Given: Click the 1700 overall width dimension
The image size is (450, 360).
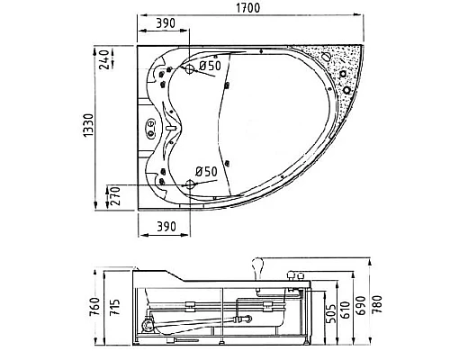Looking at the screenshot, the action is (248, 8).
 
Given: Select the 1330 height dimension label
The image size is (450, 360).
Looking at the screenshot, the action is (89, 126).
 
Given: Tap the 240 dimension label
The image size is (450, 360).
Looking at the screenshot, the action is (103, 59).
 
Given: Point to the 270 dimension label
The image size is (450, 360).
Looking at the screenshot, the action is (115, 196).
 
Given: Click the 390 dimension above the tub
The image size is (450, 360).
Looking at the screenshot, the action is (166, 23).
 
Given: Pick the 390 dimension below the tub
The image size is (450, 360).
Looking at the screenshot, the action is (166, 227).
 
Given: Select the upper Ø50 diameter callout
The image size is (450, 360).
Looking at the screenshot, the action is (210, 66).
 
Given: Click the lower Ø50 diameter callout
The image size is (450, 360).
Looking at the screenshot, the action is (206, 172).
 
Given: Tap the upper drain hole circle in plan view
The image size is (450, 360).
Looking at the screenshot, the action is (190, 69).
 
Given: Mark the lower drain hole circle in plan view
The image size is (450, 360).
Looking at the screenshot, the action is (190, 184).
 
